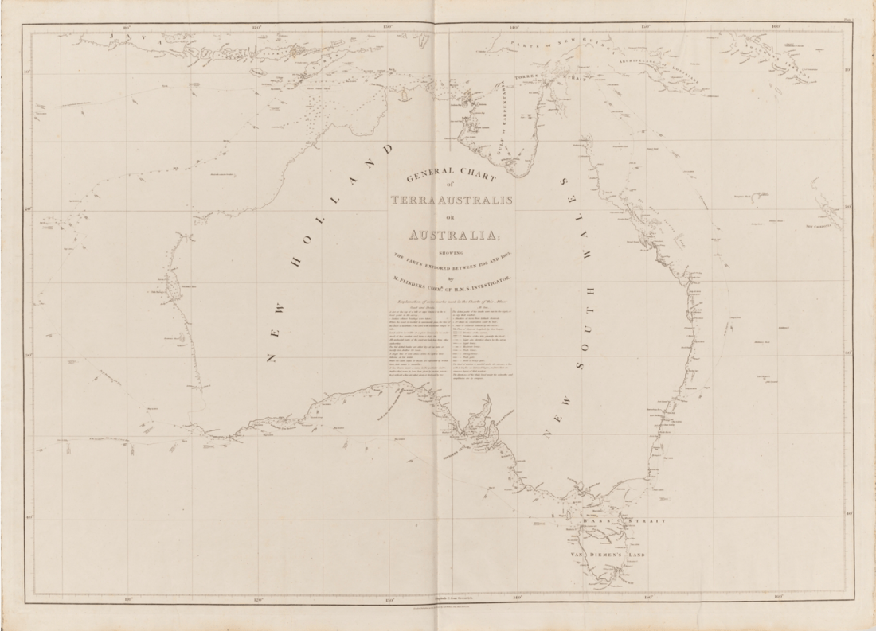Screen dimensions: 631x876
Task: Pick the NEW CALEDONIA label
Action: point(825,226)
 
